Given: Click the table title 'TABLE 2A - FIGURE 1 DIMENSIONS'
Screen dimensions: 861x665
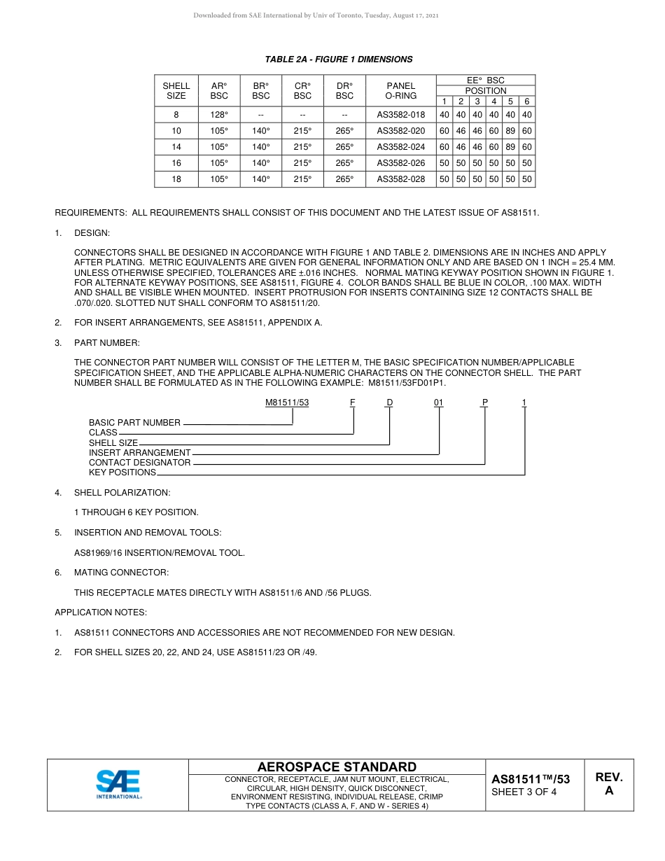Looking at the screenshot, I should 338,59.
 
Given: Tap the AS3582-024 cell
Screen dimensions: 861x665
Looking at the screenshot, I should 400,147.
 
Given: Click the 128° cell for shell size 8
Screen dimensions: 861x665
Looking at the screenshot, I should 219,115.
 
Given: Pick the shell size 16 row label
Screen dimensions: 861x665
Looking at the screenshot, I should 176,163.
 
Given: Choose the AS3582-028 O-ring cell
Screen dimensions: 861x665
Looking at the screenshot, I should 400,179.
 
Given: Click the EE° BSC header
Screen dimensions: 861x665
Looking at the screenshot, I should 485,80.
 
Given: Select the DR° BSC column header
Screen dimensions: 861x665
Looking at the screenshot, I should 344,91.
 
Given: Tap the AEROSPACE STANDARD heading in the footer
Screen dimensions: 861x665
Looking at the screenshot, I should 337,767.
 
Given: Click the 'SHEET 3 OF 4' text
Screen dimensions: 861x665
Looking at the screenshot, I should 524,792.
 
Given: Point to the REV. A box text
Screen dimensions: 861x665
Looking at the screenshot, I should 608,784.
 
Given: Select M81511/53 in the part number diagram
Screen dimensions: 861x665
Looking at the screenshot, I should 287,402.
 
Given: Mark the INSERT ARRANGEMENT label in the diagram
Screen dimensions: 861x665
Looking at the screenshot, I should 139,453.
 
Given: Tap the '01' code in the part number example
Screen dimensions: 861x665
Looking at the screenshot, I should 438,402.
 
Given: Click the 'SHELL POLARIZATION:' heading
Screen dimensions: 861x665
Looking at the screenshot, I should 122,493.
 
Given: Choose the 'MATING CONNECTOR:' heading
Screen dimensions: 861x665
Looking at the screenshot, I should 121,573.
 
